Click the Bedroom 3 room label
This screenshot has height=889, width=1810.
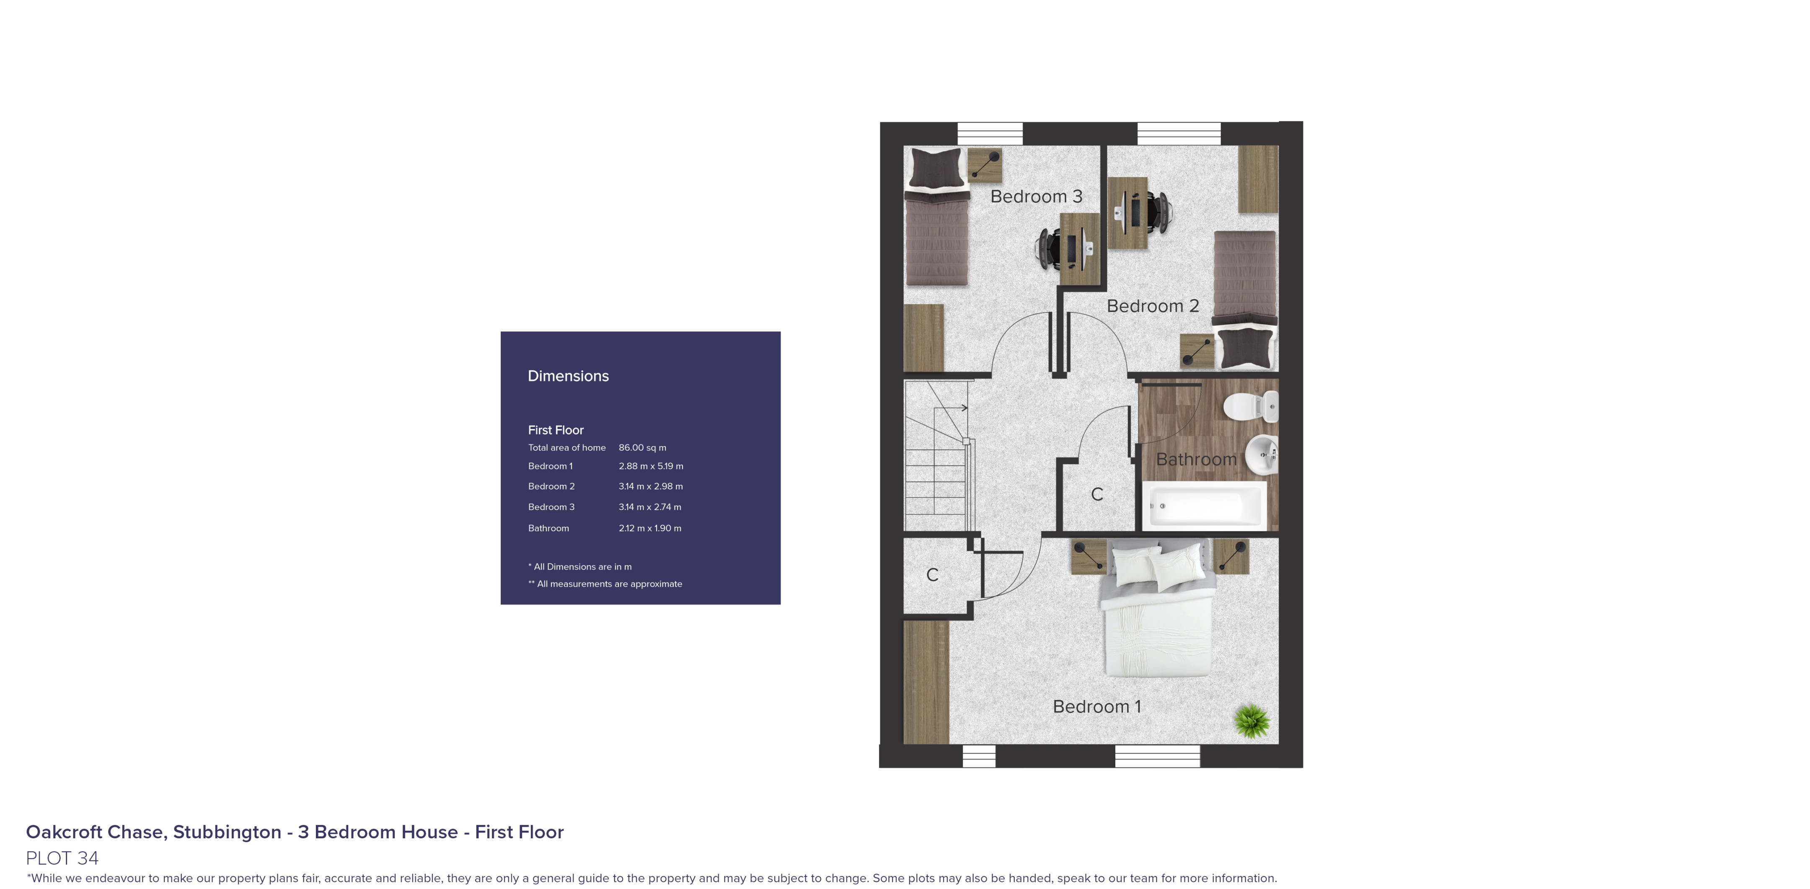pyautogui.click(x=1036, y=197)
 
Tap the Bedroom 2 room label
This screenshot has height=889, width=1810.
pyautogui.click(x=1152, y=306)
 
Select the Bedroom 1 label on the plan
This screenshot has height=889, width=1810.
pyautogui.click(x=1096, y=706)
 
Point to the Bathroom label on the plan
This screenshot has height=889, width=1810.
pyautogui.click(x=1196, y=460)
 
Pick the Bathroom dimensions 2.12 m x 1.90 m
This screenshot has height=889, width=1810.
pyautogui.click(x=650, y=528)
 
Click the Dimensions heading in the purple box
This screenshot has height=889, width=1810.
pyautogui.click(x=568, y=376)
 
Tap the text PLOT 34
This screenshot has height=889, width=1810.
pyautogui.click(x=62, y=858)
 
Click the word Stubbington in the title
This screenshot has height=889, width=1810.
pyautogui.click(x=227, y=832)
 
